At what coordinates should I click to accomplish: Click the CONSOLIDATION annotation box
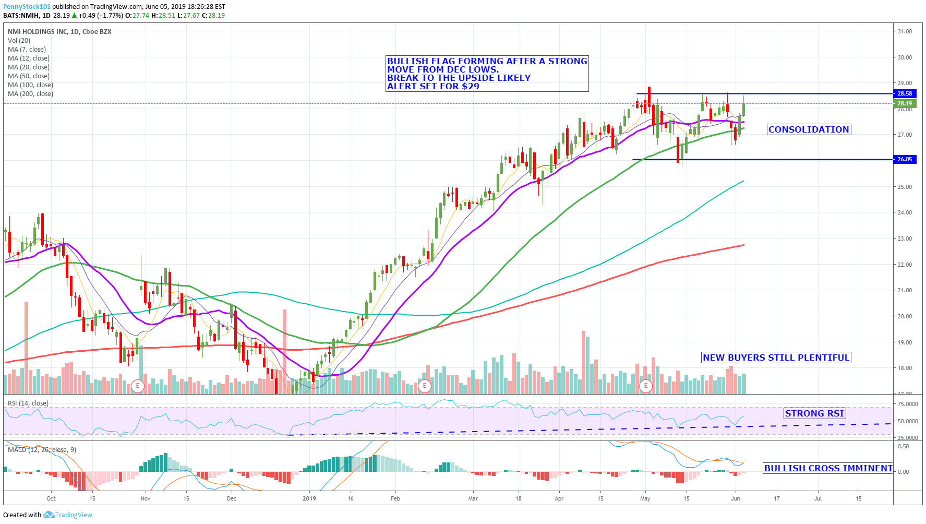pyautogui.click(x=809, y=129)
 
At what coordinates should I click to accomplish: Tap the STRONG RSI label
pyautogui.click(x=814, y=413)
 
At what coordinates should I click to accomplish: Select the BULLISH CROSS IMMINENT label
pyautogui.click(x=828, y=468)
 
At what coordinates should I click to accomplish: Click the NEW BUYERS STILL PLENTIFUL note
pyautogui.click(x=776, y=358)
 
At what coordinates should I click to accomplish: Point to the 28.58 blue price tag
pyautogui.click(x=905, y=94)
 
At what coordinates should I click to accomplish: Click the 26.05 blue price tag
pyautogui.click(x=905, y=159)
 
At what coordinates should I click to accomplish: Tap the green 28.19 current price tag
pyautogui.click(x=905, y=103)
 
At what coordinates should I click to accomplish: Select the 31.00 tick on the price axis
pyautogui.click(x=905, y=31)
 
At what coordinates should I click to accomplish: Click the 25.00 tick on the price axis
pyautogui.click(x=905, y=187)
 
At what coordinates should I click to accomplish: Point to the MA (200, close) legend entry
pyautogui.click(x=30, y=94)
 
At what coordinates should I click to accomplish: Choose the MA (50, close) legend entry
pyautogui.click(x=29, y=76)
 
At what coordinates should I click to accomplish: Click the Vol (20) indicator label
pyautogui.click(x=19, y=41)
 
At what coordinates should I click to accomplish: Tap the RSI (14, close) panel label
pyautogui.click(x=28, y=403)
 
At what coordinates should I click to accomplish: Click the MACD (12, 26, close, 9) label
pyautogui.click(x=42, y=450)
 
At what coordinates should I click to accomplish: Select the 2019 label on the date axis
pyautogui.click(x=309, y=498)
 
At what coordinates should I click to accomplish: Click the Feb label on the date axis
pyautogui.click(x=395, y=498)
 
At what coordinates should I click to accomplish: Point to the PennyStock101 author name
pyautogui.click(x=27, y=7)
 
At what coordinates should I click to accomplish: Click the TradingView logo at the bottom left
pyautogui.click(x=68, y=515)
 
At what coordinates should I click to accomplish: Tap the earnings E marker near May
pyautogui.click(x=646, y=386)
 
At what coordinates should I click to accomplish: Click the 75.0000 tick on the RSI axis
pyautogui.click(x=907, y=404)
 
